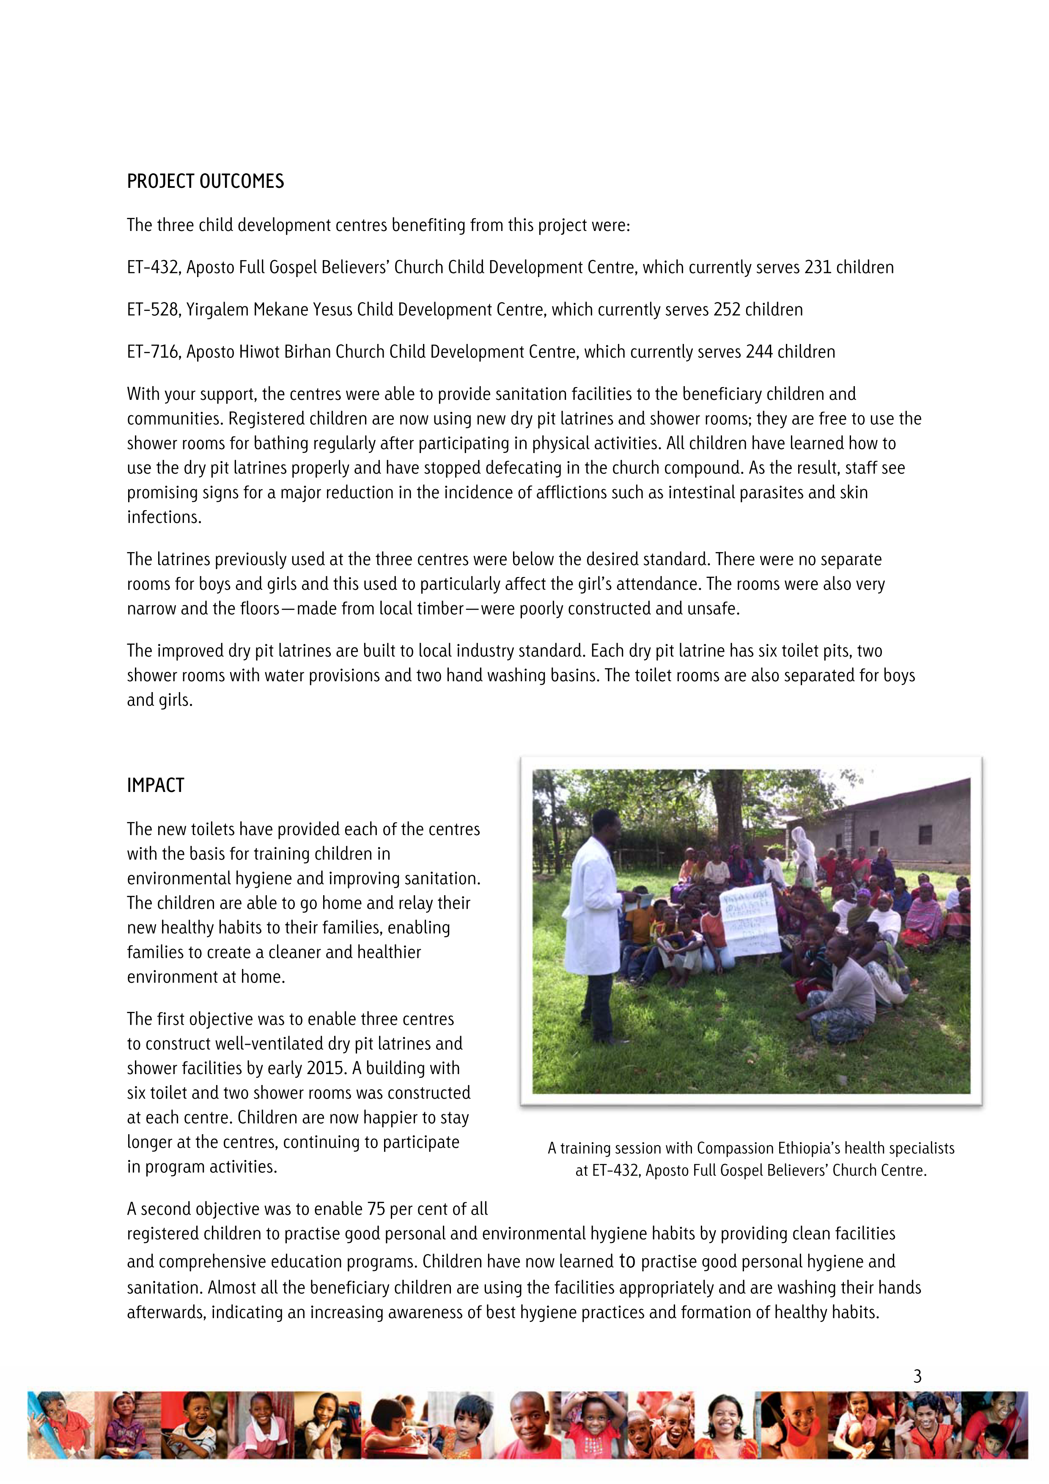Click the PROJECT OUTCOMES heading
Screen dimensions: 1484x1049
coord(205,181)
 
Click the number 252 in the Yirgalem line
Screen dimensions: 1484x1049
coord(727,310)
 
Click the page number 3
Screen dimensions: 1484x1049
coord(917,1377)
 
